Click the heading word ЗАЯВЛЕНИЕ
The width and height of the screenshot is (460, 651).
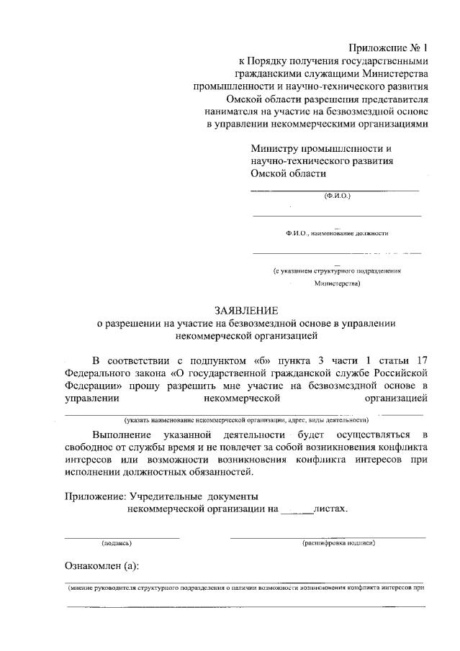tap(245, 310)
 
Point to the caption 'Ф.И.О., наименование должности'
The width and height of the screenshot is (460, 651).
tap(337, 233)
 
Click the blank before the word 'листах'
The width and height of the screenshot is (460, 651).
tap(297, 511)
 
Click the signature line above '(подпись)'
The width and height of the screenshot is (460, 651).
tap(122, 537)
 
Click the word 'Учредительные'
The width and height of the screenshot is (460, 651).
tap(165, 496)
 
